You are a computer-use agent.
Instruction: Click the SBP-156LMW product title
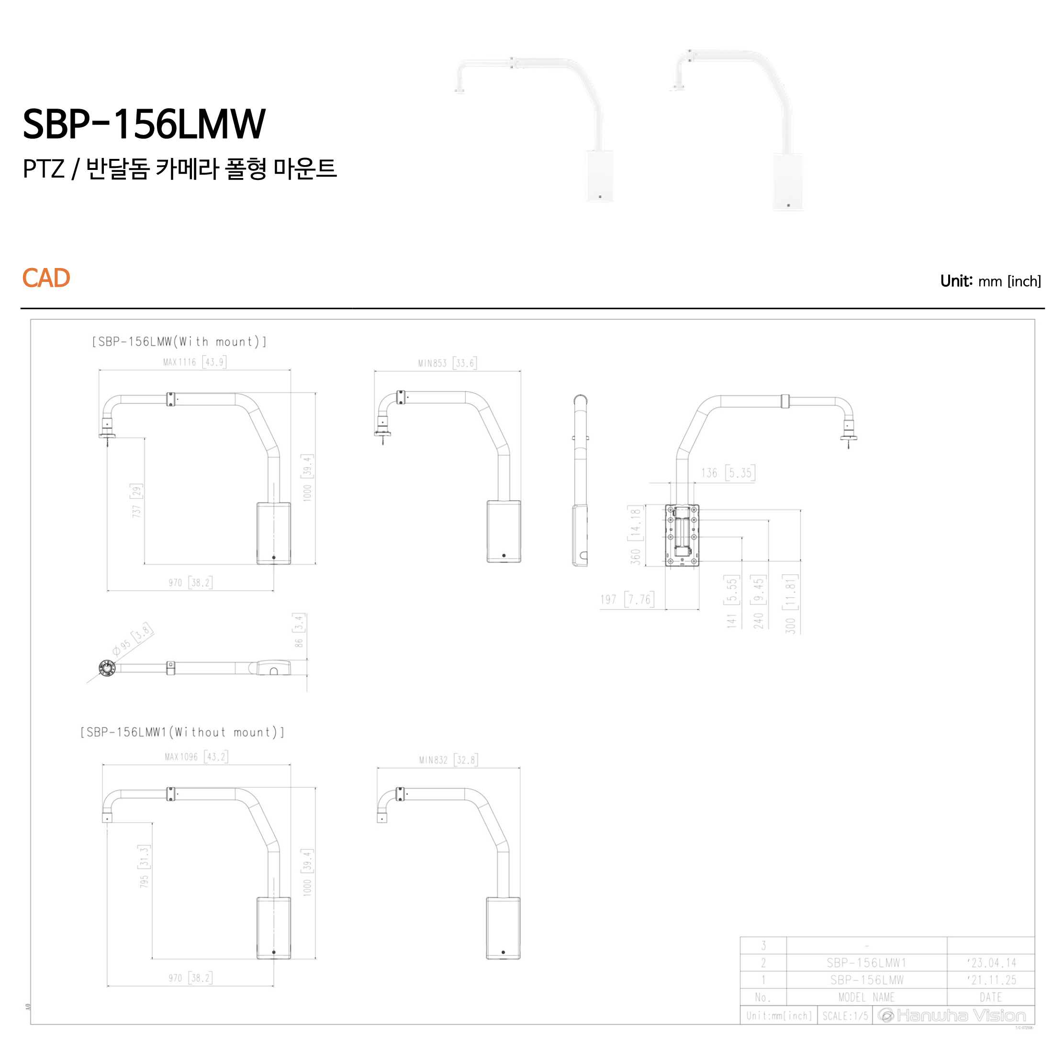144,124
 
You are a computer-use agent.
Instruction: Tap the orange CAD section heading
46,278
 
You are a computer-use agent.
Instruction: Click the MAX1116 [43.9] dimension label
194,362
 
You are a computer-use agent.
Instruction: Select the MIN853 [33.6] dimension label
447,363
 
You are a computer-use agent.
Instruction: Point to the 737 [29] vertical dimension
136,501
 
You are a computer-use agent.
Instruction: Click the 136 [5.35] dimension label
727,472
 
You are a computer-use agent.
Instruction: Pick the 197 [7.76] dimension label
627,599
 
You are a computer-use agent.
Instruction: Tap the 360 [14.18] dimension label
636,535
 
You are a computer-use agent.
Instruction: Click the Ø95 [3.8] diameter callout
133,640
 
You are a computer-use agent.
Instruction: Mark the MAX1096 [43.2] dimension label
196,757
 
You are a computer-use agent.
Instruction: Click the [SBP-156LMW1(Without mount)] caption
182,732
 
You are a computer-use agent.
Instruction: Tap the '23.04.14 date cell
991,962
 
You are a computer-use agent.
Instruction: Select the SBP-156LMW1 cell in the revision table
866,962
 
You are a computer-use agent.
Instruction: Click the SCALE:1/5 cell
845,1015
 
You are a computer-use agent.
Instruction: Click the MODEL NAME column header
866,997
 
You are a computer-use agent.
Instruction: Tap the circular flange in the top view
107,668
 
